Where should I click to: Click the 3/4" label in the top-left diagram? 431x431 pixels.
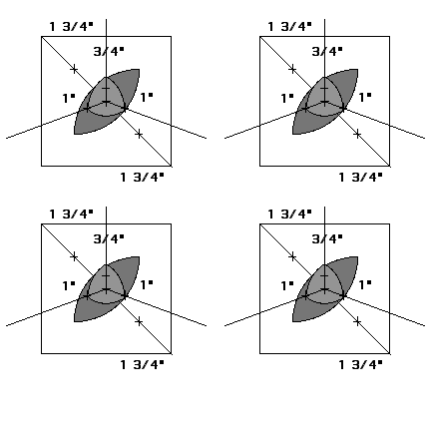(109, 51)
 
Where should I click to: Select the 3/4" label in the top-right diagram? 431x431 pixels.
(327, 51)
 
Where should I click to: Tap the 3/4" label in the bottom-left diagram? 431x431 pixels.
(109, 238)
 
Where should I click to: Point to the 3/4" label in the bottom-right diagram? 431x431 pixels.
(327, 238)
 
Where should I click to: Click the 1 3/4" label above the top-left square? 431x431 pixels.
(72, 26)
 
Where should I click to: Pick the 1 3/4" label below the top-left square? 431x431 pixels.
(143, 177)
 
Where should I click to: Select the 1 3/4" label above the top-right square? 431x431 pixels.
(290, 26)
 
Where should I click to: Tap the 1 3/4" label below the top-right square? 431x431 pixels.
(361, 177)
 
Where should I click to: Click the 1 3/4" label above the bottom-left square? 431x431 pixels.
(72, 214)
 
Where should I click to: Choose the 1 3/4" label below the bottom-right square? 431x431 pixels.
(361, 364)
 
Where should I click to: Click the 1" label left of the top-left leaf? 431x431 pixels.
(69, 99)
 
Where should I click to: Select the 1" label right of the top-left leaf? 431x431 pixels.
(147, 98)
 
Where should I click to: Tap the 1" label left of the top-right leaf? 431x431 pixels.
(287, 99)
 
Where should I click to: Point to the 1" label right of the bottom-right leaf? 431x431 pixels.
(365, 285)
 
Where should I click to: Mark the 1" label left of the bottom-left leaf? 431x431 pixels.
(69, 286)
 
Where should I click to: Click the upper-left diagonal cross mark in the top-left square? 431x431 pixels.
(74, 69)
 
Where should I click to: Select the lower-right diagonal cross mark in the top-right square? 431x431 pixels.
(357, 135)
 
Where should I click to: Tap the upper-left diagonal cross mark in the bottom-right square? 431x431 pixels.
(292, 256)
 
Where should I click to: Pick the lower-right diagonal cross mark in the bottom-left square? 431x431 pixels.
(139, 322)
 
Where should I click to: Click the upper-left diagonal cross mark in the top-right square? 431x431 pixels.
(292, 69)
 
